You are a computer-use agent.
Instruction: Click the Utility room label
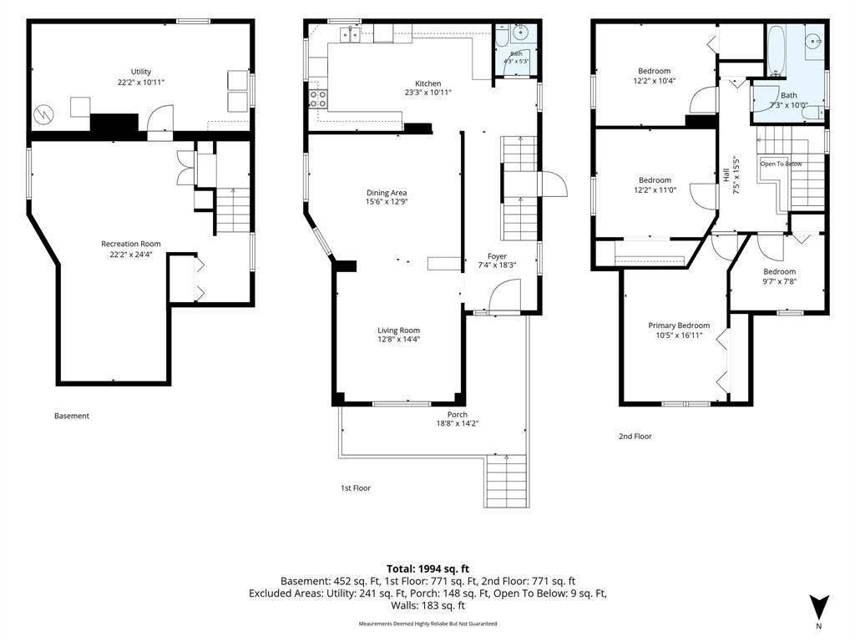point(140,72)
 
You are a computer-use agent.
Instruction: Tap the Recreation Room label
point(131,244)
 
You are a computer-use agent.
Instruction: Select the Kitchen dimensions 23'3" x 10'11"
point(428,93)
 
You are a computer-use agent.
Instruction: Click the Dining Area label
point(387,193)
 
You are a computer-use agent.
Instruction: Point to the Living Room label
point(398,330)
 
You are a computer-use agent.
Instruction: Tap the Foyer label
point(497,256)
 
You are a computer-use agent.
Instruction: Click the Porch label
point(458,414)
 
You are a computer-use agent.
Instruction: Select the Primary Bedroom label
point(679,326)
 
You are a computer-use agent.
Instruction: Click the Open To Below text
point(782,164)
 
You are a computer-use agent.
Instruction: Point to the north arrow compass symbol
point(819,608)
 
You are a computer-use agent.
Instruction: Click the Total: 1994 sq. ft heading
point(428,569)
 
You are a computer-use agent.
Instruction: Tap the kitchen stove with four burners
point(318,98)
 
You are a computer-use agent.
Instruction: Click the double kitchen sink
point(350,35)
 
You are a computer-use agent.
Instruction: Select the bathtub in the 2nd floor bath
point(776,49)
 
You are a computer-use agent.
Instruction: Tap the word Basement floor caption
point(72,416)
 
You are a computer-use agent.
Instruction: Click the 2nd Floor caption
point(635,436)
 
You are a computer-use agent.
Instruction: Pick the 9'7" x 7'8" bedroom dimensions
point(779,281)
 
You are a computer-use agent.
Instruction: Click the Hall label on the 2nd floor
point(726,175)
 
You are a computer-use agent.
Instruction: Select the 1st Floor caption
point(356,487)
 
